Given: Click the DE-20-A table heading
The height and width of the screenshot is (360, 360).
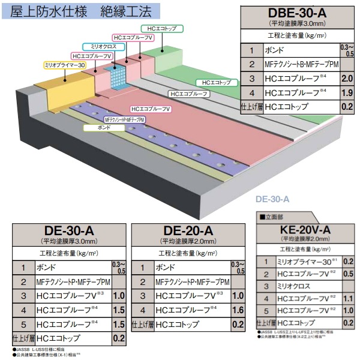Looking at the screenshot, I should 188,231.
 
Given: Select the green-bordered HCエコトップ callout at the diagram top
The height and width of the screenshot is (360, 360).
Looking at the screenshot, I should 159,28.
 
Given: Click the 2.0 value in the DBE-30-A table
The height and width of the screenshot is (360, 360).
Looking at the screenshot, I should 346,79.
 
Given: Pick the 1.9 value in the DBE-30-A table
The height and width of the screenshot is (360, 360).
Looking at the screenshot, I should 346,93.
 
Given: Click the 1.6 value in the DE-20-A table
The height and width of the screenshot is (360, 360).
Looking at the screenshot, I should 237,310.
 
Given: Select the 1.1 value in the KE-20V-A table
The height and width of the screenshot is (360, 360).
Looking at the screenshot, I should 348,298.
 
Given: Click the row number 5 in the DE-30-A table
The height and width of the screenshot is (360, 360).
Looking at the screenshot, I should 23,324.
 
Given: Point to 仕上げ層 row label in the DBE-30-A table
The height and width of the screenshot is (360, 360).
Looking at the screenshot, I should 251,107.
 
